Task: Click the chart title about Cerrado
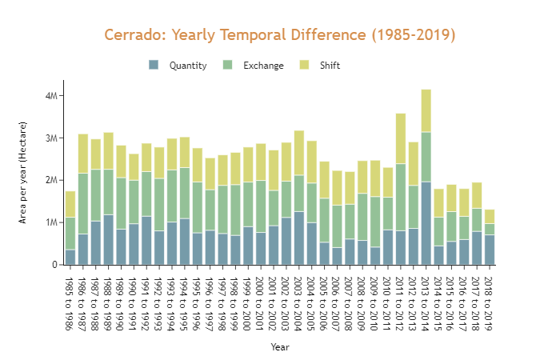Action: [x=280, y=35]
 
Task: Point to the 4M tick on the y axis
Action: [x=52, y=96]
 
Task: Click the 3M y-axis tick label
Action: [x=52, y=138]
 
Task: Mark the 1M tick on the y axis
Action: [x=52, y=222]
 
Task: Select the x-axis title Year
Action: [x=280, y=347]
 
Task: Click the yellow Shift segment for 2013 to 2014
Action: [x=426, y=110]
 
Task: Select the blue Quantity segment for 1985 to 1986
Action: [x=70, y=257]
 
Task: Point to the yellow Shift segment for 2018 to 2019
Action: [x=490, y=216]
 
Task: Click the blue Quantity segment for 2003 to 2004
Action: [x=298, y=238]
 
